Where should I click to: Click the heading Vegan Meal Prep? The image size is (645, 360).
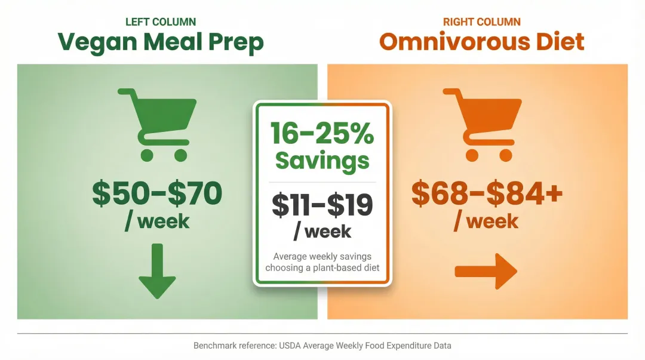tap(160, 42)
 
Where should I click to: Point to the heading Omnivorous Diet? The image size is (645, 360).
tap(481, 42)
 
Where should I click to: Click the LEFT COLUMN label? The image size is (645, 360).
tap(160, 22)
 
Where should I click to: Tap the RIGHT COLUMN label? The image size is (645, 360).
tap(481, 22)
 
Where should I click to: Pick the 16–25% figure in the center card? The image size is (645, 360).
tap(322, 133)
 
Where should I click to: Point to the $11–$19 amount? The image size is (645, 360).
tap(322, 205)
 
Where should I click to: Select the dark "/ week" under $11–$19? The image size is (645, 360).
tap(322, 230)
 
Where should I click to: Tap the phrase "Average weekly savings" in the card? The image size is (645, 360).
tap(322, 256)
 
